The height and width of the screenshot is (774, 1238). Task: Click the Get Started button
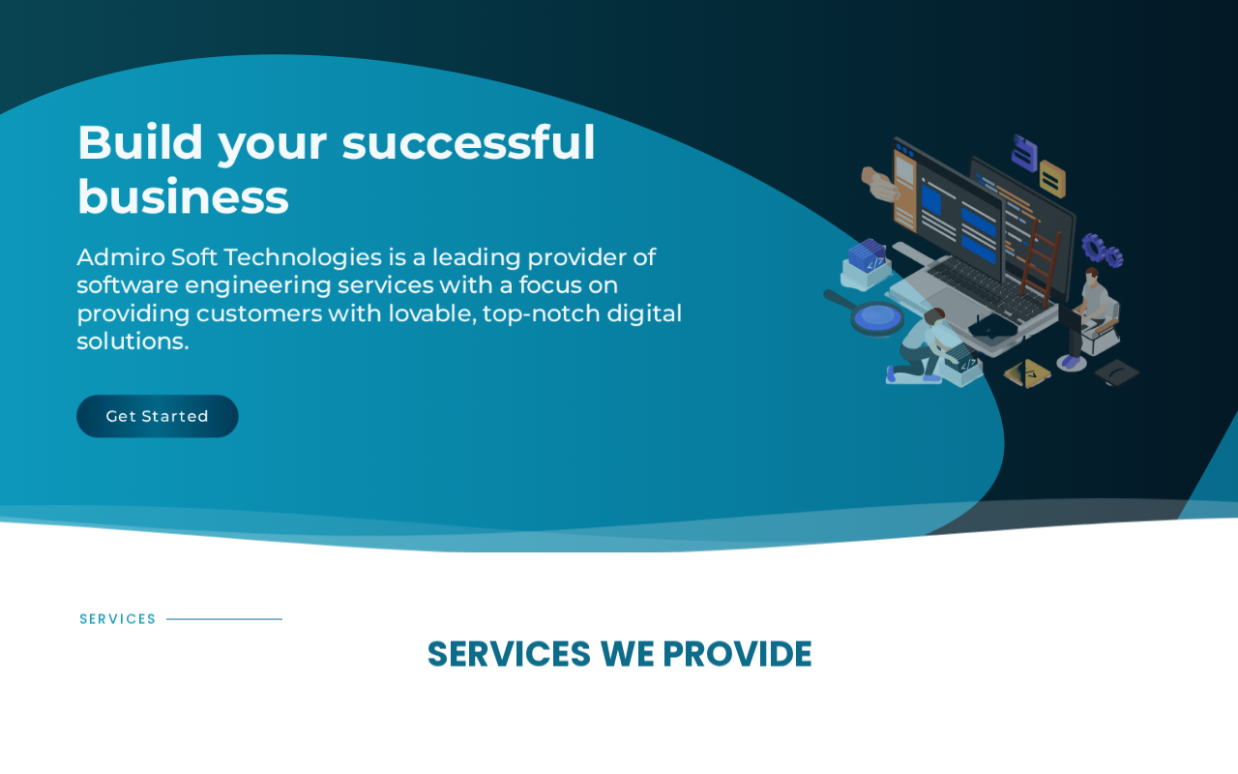[x=158, y=416]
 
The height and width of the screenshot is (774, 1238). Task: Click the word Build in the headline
[x=140, y=142]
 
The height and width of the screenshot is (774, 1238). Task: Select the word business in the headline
[x=183, y=197]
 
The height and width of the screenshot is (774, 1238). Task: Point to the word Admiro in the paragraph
[x=121, y=257]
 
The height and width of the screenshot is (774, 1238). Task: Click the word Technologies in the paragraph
[x=303, y=257]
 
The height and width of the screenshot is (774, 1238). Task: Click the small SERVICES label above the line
[x=118, y=619]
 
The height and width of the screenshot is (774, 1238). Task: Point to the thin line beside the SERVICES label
[x=224, y=619]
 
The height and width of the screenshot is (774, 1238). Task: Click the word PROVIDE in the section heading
[x=737, y=654]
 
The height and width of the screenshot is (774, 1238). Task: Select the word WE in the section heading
[x=628, y=654]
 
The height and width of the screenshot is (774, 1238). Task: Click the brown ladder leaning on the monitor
[x=1040, y=261]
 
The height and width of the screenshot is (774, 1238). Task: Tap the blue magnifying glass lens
[x=877, y=316]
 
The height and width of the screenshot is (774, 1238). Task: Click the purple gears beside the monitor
[x=1102, y=251]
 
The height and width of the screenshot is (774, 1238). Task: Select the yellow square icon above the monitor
[x=1052, y=179]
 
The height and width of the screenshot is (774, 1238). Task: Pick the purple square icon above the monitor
[x=1024, y=153]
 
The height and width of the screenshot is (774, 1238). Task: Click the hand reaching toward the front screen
[x=879, y=184]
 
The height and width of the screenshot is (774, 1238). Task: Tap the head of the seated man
[x=1092, y=277]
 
